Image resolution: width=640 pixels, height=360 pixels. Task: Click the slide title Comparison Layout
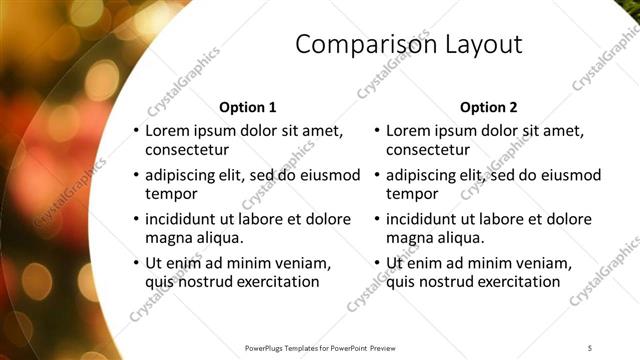tap(409, 45)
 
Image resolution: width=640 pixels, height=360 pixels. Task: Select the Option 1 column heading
tap(247, 107)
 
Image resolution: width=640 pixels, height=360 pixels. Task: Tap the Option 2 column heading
tap(488, 107)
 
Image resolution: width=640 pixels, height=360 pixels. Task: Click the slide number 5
tap(590, 348)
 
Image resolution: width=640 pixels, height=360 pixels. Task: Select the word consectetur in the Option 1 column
tap(187, 150)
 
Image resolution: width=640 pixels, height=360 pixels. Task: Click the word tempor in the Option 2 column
tap(411, 194)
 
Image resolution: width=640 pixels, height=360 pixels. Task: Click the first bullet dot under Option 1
tap(136, 131)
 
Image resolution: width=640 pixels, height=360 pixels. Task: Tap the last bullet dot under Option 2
tap(377, 263)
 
